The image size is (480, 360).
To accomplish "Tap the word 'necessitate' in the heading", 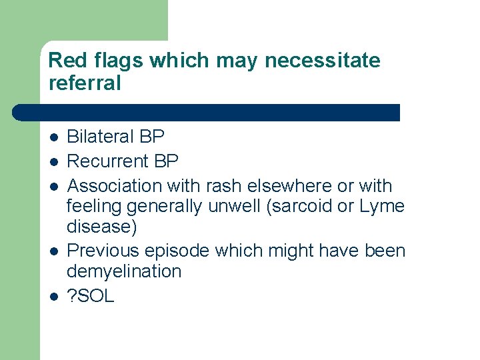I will (322, 61).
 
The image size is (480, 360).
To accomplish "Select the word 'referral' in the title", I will (85, 83).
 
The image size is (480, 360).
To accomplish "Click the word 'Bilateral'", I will (101, 137).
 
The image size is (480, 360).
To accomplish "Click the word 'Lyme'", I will (381, 207).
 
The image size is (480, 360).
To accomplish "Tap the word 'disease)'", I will (102, 227).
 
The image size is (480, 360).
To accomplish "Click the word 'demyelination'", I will (124, 271).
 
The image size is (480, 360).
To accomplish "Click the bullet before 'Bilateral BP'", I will (53, 137).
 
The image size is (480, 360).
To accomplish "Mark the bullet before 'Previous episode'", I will (53, 251).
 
